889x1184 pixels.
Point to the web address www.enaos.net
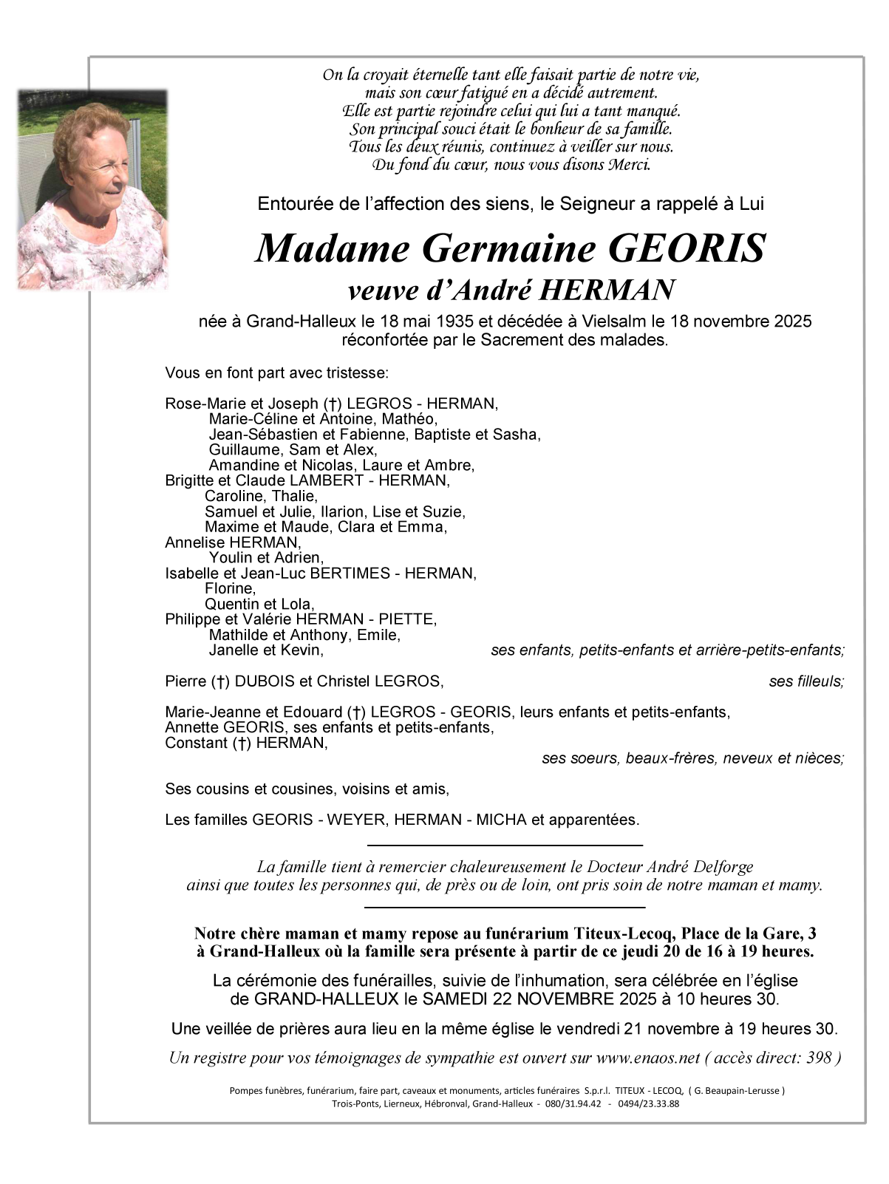click(x=648, y=1058)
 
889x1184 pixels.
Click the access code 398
click(x=819, y=1058)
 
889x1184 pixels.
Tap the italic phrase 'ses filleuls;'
click(x=806, y=681)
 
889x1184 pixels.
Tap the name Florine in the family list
click(x=230, y=588)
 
